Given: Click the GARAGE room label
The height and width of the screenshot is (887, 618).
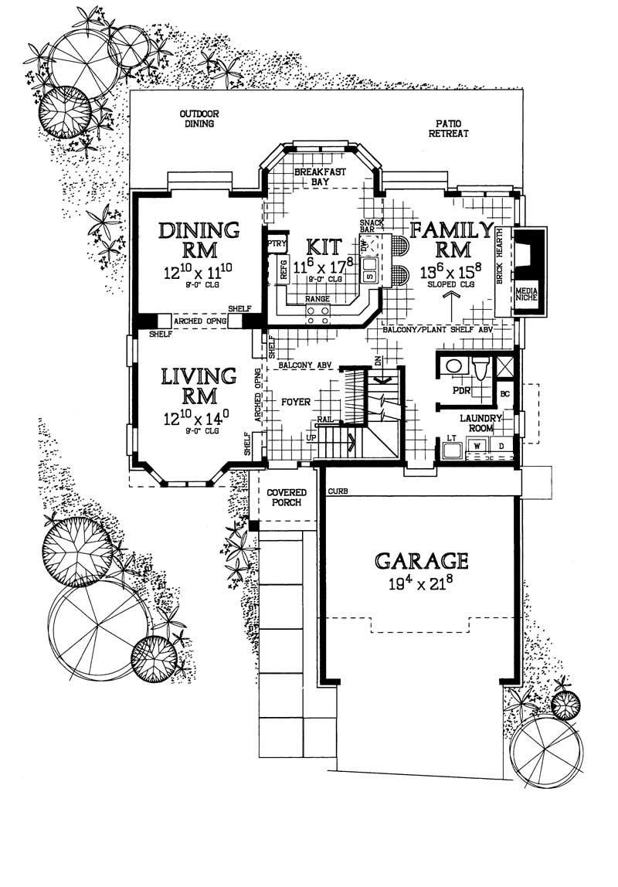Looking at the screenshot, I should (x=421, y=559).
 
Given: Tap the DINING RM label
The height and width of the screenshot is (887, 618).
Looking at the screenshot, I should (x=199, y=240).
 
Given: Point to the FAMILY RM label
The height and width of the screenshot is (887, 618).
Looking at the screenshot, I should (x=450, y=239).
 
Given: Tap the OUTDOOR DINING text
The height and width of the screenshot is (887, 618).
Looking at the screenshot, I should (x=199, y=118).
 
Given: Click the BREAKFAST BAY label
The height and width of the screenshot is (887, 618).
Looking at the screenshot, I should (x=321, y=177).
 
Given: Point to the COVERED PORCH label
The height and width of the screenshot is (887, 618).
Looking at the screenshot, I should (x=287, y=498).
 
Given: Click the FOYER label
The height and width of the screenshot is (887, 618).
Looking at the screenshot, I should (x=296, y=403).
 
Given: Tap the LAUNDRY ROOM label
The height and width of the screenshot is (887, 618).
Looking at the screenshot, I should (x=482, y=423).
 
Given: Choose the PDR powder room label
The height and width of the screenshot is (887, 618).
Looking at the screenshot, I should (x=462, y=391).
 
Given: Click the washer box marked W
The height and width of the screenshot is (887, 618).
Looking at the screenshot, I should (x=477, y=447).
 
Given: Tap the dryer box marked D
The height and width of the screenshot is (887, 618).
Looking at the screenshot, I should (x=500, y=447).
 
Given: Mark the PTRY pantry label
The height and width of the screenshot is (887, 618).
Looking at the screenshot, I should (x=276, y=244).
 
